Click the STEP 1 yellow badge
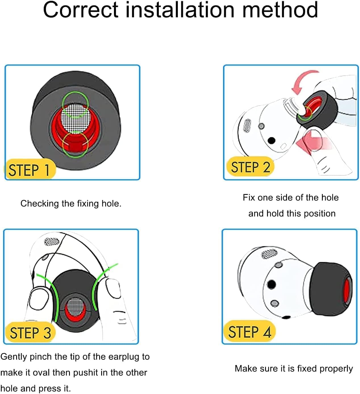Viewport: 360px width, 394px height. click(x=30, y=170)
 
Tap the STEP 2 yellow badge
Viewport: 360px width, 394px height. click(x=250, y=167)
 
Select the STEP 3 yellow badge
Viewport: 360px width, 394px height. click(x=30, y=332)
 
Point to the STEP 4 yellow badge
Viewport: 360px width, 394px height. click(x=249, y=331)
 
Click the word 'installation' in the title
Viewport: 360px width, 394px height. click(x=180, y=10)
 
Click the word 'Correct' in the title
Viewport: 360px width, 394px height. click(x=80, y=10)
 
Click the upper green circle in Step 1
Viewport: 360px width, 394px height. click(x=75, y=105)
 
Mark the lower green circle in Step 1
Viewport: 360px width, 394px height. click(x=75, y=145)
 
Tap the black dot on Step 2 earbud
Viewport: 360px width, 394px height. click(x=272, y=140)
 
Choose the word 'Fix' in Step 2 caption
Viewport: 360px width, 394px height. click(x=249, y=198)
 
